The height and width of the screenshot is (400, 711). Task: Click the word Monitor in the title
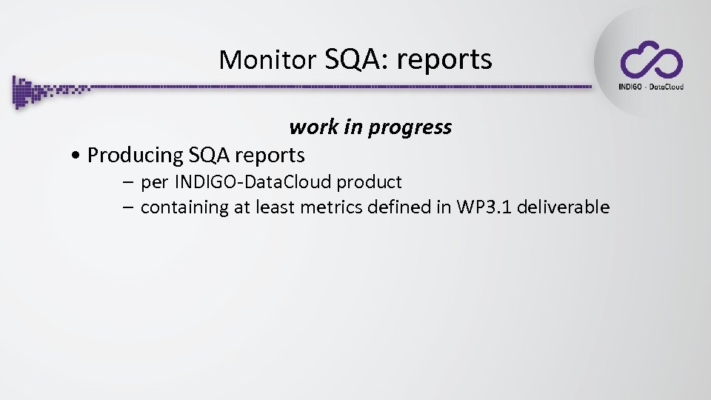coord(267,60)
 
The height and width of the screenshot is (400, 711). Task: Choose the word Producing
coord(135,156)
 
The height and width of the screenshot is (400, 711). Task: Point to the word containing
coord(184,207)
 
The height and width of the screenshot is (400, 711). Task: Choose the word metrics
coord(331,207)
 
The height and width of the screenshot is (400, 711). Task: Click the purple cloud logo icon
coord(651,60)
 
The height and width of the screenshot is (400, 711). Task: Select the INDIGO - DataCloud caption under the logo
coord(651,87)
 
